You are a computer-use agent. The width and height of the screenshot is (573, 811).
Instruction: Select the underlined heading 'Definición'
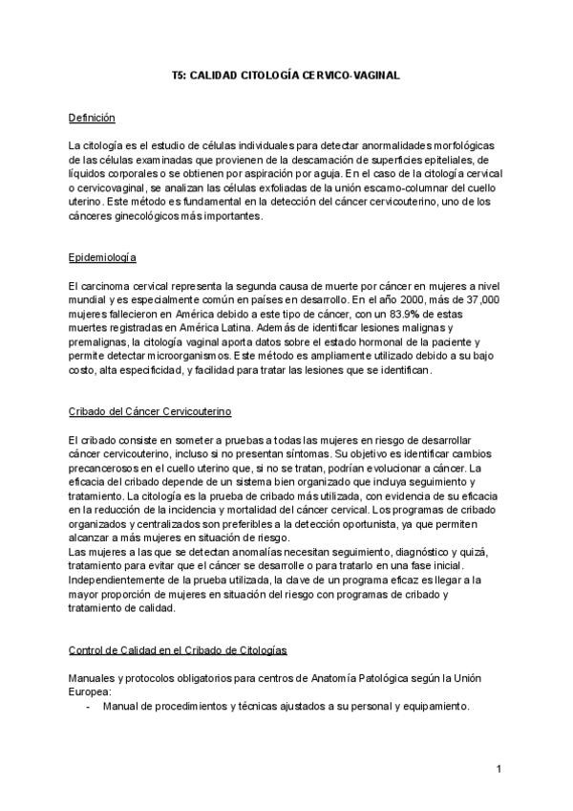click(92, 118)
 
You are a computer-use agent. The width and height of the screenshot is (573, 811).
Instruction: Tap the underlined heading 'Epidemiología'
click(103, 258)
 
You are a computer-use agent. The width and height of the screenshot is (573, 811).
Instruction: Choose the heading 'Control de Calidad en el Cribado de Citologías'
click(178, 650)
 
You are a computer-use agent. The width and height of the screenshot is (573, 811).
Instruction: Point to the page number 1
click(499, 770)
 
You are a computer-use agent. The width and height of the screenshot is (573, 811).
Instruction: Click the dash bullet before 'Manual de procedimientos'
click(89, 707)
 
